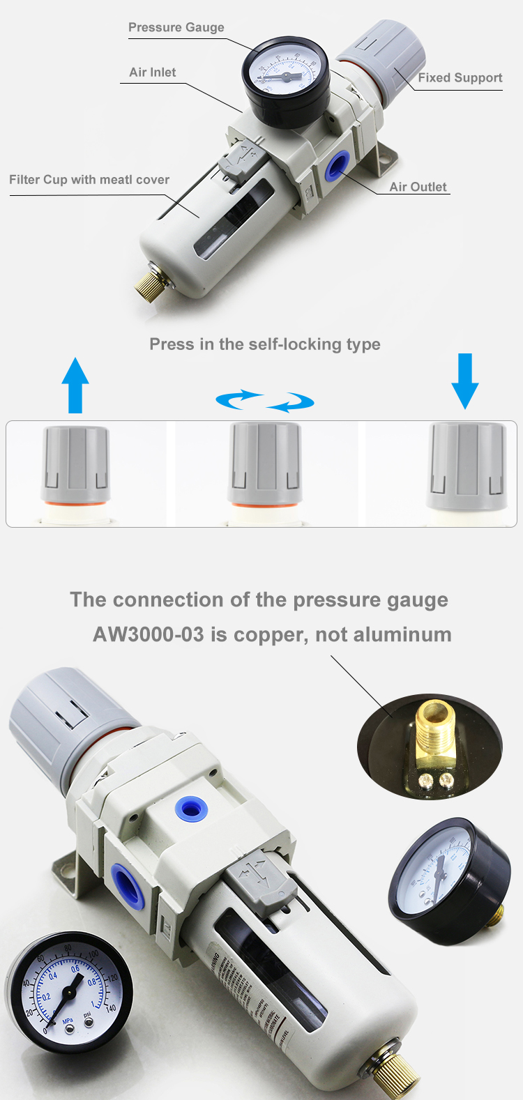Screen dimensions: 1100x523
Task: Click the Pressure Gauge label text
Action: (x=176, y=27)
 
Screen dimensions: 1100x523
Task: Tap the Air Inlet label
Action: (x=152, y=72)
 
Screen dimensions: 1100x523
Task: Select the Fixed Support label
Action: (x=460, y=78)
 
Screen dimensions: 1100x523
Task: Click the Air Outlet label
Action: (x=418, y=187)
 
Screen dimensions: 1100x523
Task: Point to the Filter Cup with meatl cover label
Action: (x=89, y=180)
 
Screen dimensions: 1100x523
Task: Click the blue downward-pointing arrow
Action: (x=464, y=381)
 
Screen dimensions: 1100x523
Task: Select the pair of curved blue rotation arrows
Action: (x=265, y=401)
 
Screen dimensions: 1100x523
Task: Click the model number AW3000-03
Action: (x=149, y=635)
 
